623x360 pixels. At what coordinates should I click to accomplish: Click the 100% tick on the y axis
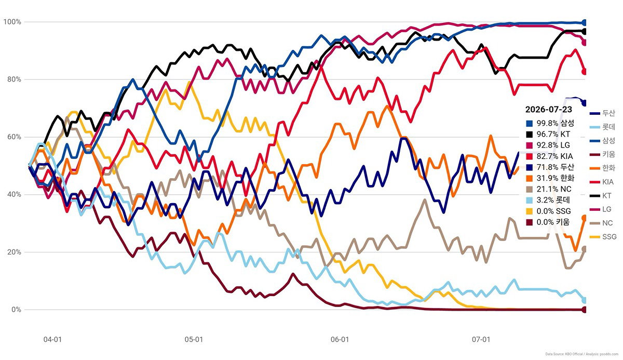[12, 22]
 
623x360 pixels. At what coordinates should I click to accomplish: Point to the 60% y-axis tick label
[14, 137]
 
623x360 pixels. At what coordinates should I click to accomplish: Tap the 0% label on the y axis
[16, 310]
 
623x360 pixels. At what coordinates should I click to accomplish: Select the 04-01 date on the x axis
[52, 339]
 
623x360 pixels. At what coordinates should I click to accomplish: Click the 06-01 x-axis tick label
[340, 339]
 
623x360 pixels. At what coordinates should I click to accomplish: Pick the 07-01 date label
[481, 339]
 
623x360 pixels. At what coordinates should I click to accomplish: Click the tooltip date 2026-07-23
[548, 110]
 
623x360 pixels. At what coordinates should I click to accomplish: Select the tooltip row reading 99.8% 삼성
[550, 123]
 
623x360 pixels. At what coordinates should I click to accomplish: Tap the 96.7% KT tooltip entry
[548, 134]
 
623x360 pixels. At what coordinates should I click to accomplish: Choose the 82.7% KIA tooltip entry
[549, 156]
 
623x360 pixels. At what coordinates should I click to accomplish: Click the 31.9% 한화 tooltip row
[550, 178]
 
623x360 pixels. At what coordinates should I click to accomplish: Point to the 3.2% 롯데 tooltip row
[548, 200]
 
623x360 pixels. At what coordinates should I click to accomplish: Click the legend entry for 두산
[602, 113]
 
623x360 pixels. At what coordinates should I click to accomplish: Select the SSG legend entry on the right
[603, 237]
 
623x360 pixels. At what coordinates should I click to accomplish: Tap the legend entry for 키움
[602, 154]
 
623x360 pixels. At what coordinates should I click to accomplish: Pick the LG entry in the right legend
[601, 209]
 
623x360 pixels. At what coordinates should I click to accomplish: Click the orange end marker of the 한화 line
[584, 218]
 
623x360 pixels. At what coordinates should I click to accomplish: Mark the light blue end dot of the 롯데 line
[584, 300]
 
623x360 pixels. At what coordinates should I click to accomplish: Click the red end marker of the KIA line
[584, 72]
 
